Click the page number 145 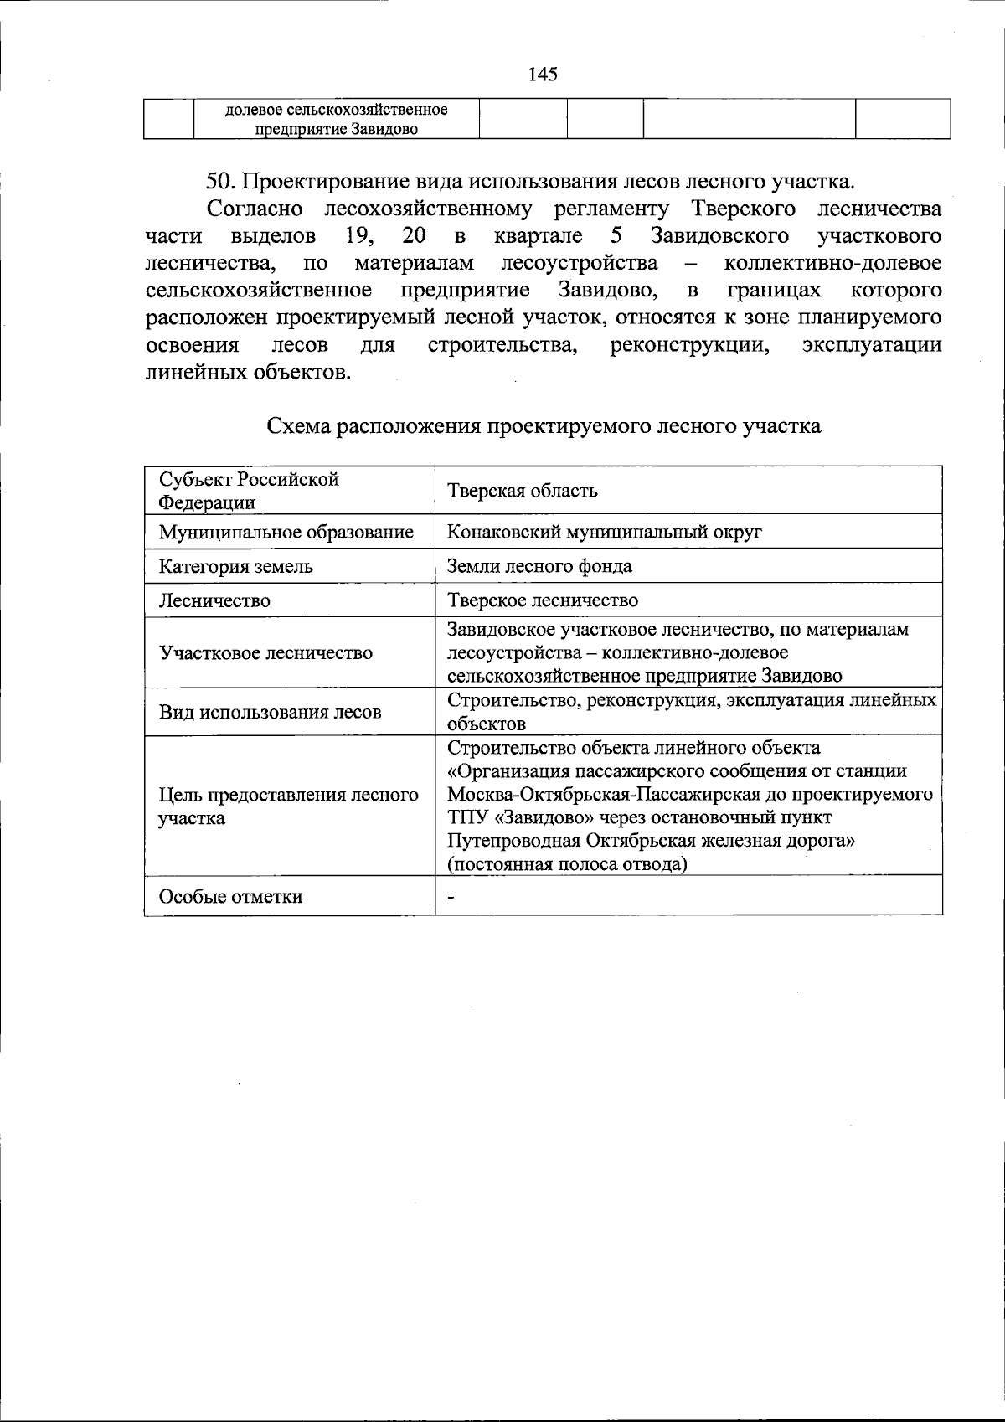pos(543,75)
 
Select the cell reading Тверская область pos(523,491)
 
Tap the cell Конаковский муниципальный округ pos(604,532)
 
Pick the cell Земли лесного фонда pos(539,566)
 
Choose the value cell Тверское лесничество pos(543,600)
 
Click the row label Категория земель pos(236,566)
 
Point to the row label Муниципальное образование pos(286,532)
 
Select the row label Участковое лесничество pos(265,652)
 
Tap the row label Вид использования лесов pos(270,712)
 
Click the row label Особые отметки pos(230,896)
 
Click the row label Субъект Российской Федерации pos(249,491)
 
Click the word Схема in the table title pos(298,426)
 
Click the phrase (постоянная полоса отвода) pos(567,863)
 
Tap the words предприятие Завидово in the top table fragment pos(336,129)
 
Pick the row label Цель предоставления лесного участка pos(288,806)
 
